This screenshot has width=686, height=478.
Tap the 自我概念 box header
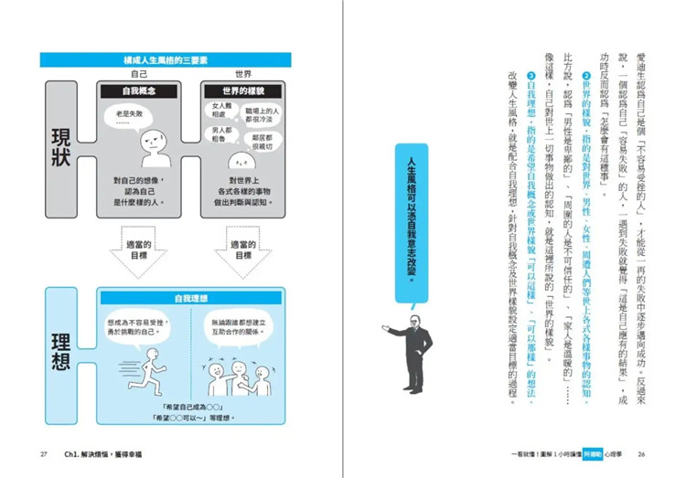click(139, 91)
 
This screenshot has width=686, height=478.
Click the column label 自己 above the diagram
click(139, 74)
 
